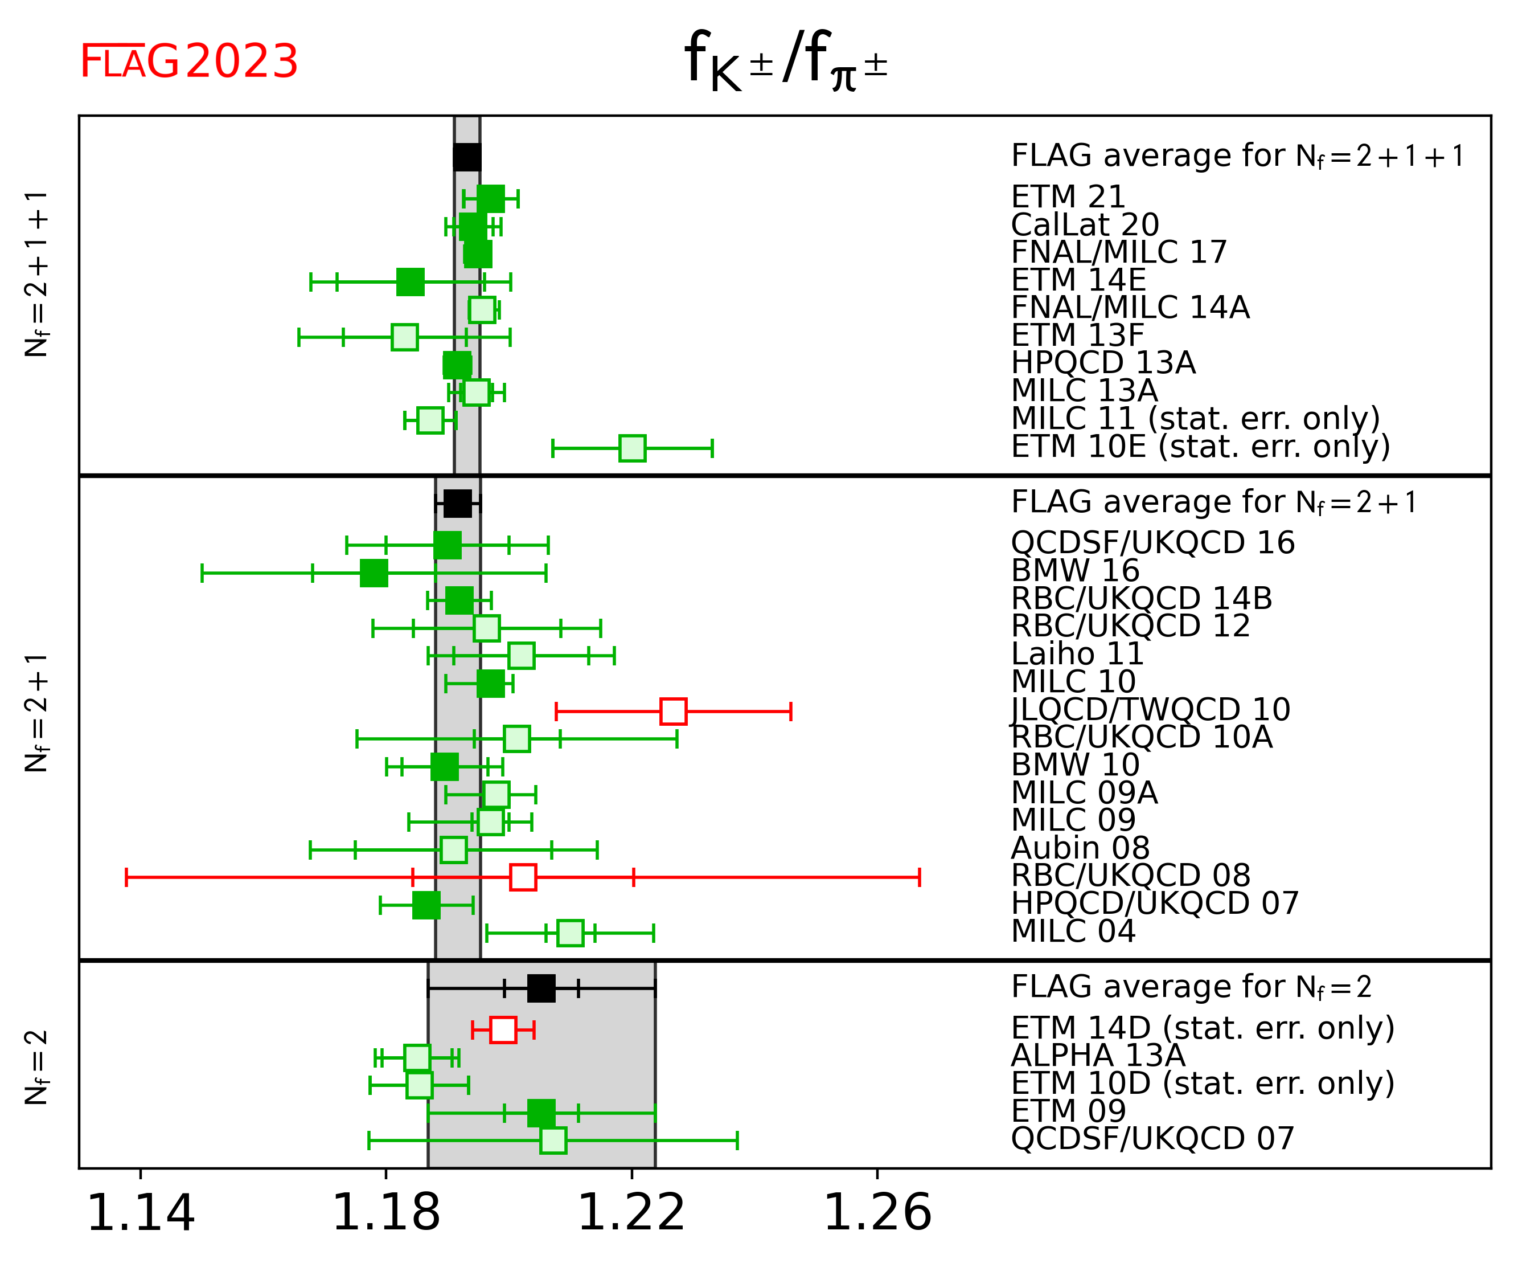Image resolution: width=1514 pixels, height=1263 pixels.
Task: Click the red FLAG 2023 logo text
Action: tap(189, 62)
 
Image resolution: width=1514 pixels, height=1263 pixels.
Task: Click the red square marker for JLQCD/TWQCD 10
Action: tap(674, 711)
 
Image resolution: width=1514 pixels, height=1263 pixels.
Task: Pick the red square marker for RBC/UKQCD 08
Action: tap(523, 878)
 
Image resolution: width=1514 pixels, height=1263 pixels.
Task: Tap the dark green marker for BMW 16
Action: tap(374, 573)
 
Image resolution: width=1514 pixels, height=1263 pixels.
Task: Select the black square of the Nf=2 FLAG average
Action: tap(541, 988)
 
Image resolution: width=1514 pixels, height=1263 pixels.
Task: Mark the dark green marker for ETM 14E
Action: tap(410, 282)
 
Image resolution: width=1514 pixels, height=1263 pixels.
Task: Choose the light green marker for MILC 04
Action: tap(571, 933)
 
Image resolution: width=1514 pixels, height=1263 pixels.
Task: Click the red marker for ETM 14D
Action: tap(503, 1030)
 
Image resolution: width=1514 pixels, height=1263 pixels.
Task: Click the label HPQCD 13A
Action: tap(1103, 363)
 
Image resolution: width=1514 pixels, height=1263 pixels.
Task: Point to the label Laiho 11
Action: tap(1077, 654)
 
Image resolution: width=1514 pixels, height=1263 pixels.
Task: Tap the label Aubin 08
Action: tap(1080, 848)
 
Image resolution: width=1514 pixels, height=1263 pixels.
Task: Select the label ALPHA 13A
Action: tap(1098, 1056)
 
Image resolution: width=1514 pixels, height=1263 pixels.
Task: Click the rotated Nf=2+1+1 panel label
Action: tap(36, 274)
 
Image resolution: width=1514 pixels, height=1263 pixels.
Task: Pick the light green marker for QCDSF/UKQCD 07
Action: tap(553, 1141)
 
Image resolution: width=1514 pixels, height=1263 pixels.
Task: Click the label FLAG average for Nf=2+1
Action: tap(1214, 502)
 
